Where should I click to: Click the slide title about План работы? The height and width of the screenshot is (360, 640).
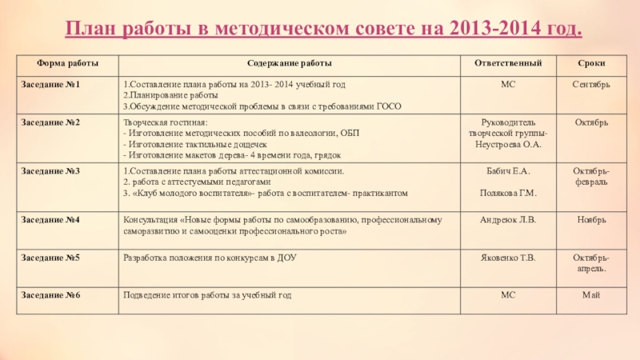tap(323, 30)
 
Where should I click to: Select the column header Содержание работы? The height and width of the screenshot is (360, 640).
tap(290, 62)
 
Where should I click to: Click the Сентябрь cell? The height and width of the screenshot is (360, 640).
tap(591, 84)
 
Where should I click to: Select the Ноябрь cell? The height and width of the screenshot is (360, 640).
tap(591, 218)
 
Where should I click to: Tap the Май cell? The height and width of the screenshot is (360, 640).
tap(591, 295)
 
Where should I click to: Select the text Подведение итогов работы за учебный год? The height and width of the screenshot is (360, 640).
tap(206, 295)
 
